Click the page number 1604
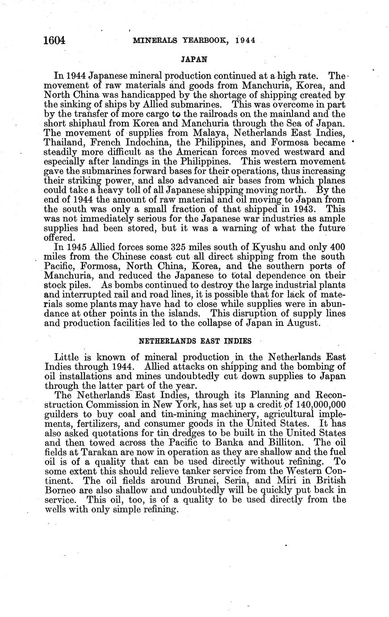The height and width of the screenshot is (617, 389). [x=55, y=40]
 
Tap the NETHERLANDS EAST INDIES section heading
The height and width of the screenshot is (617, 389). [x=195, y=341]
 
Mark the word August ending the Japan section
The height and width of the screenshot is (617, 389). [x=302, y=323]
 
